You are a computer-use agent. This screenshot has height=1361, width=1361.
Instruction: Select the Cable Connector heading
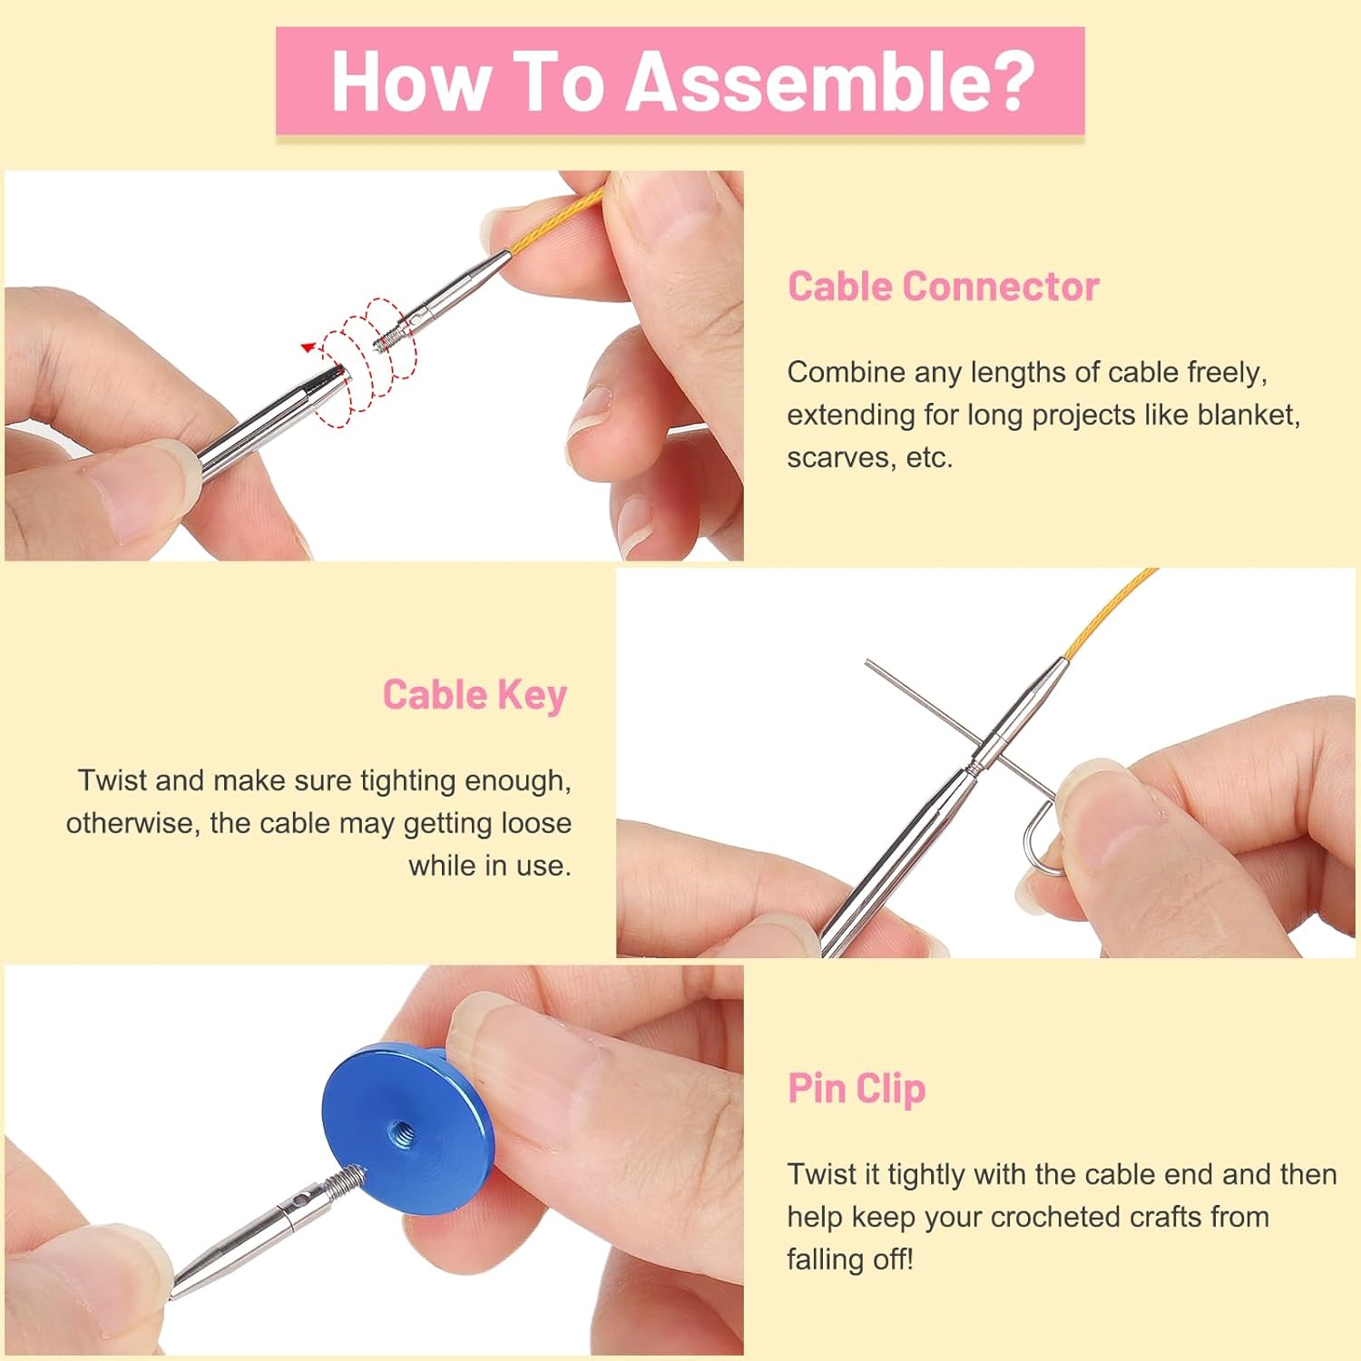click(x=943, y=287)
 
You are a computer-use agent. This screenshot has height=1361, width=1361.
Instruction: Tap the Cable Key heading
click(x=475, y=695)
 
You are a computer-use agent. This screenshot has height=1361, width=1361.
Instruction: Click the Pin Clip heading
click(x=856, y=1089)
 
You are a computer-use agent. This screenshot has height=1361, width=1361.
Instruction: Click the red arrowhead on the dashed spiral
click(x=308, y=347)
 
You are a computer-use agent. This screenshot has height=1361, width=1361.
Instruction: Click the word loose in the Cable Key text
click(x=534, y=823)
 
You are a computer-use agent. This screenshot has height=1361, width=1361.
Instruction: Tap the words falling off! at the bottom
click(x=850, y=1259)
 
